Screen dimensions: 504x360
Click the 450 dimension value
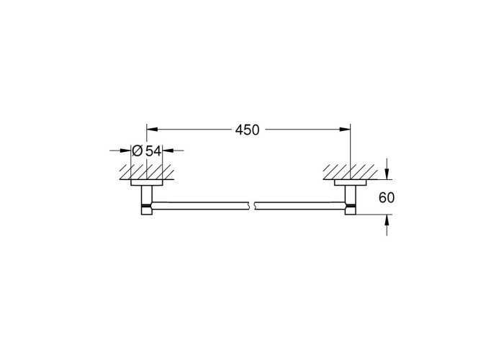tap(247, 130)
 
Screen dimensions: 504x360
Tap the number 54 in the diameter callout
tap(153, 150)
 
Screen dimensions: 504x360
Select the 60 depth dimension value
tap(387, 198)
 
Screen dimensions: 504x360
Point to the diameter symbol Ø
tap(138, 150)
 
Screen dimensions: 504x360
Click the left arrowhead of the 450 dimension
tap(152, 130)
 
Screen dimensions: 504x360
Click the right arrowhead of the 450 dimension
tap(345, 130)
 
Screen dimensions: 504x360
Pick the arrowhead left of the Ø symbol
tap(126, 150)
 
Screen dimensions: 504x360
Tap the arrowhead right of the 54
tap(168, 150)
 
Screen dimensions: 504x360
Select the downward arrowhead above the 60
tap(387, 174)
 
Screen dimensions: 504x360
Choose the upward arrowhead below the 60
tap(387, 220)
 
